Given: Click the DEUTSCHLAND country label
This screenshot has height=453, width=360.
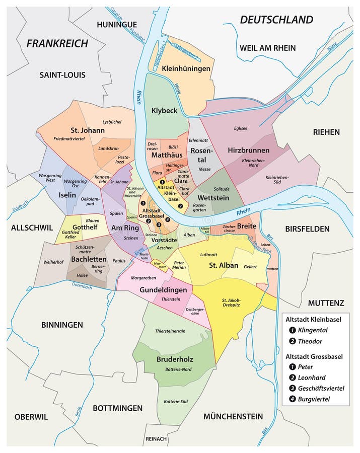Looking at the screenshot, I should [276, 20].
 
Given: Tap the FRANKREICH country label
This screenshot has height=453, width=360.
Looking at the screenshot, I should [57, 43].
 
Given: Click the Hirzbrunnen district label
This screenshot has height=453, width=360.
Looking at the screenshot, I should [248, 150].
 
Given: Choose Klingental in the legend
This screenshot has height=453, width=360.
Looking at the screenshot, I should [312, 330].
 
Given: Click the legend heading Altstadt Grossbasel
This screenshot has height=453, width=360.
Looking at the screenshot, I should [314, 356].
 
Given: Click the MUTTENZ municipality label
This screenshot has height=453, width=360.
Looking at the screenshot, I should [326, 303].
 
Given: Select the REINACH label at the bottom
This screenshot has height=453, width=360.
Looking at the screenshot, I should [156, 439].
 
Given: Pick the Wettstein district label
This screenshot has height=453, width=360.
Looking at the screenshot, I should [213, 197].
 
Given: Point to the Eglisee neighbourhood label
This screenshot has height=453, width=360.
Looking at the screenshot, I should [240, 128].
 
